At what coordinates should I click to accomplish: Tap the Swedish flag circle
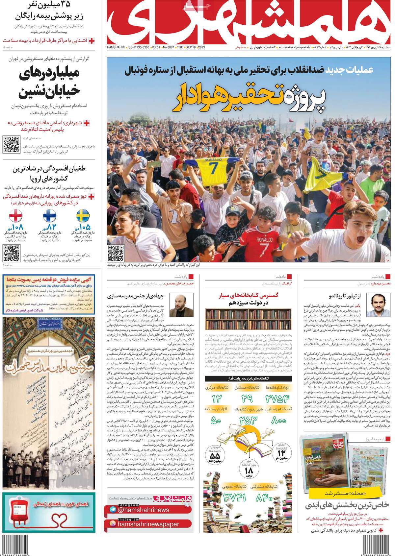(83, 217)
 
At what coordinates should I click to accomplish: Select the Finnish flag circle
(49, 217)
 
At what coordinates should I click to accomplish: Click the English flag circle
(15, 217)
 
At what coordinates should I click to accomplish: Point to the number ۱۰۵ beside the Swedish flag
(84, 227)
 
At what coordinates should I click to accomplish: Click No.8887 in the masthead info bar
(169, 48)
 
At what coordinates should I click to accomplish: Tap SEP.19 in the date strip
(191, 48)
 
